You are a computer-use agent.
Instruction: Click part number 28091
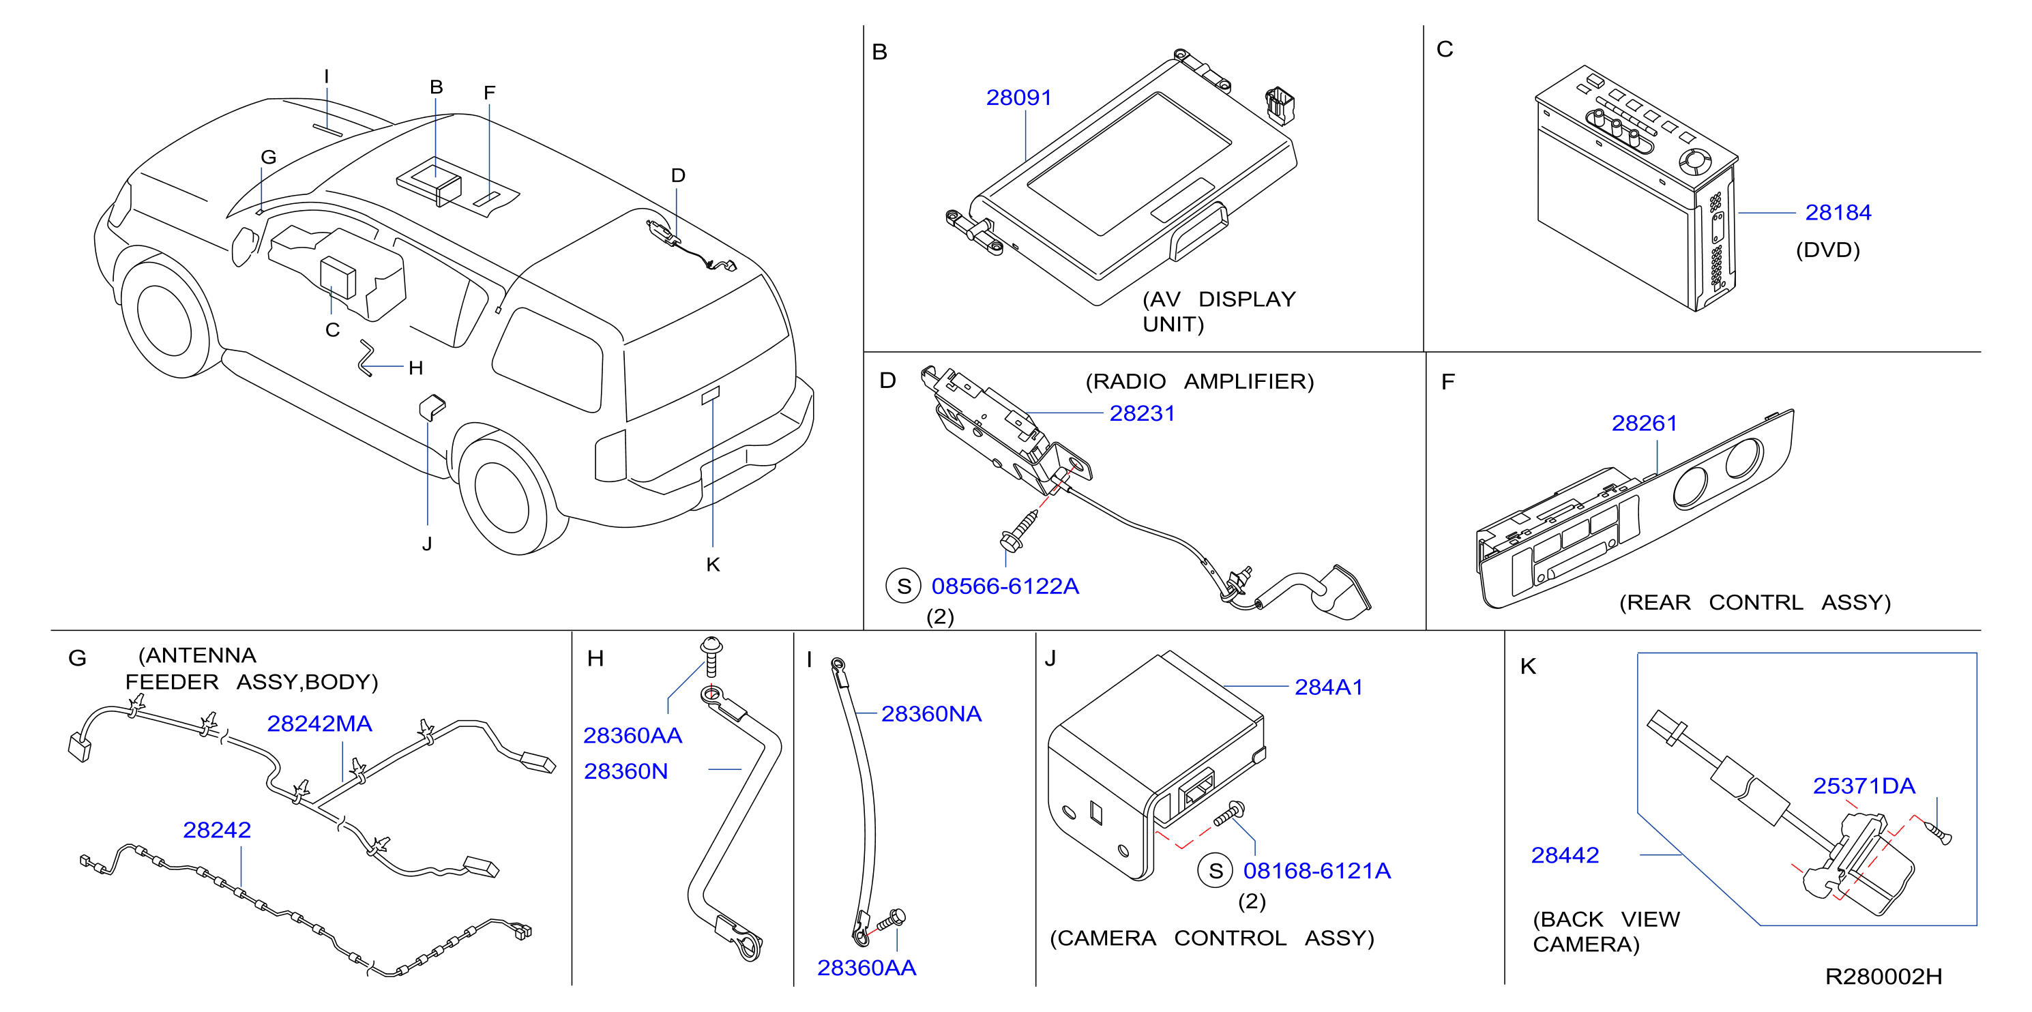point(1018,98)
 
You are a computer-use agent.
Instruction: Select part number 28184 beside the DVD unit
point(1838,212)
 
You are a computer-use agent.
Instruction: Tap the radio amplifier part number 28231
point(1143,413)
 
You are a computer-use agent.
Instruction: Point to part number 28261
point(1644,423)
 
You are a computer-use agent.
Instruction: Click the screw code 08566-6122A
point(1005,586)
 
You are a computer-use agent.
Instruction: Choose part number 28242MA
point(319,724)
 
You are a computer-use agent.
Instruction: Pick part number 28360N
point(625,771)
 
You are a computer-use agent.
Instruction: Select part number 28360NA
point(931,714)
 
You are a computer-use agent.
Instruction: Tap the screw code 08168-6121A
point(1316,871)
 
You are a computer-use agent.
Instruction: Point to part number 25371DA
point(1864,786)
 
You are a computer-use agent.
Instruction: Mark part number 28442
point(1564,855)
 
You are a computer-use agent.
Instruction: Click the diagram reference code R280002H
point(1884,977)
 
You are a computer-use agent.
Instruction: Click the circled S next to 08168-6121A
point(1216,871)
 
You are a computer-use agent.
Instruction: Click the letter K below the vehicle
point(713,565)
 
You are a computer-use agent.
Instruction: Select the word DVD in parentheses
point(1827,250)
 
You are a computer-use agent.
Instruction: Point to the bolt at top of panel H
point(711,656)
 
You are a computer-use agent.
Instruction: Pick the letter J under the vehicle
point(427,544)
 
